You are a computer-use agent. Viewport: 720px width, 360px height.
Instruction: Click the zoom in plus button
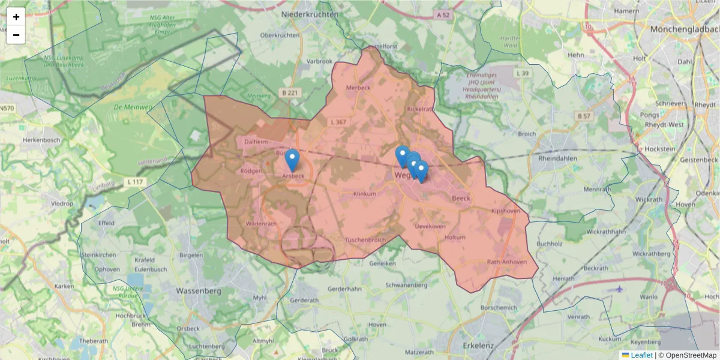pos(16,17)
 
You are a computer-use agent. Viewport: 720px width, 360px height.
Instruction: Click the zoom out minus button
pos(16,35)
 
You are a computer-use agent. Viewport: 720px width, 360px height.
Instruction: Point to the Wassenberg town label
pos(199,291)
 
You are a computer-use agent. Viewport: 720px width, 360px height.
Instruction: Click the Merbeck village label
pos(359,88)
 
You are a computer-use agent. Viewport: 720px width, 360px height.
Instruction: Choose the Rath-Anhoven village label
pos(507,262)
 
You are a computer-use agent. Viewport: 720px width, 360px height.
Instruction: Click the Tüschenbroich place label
pos(365,240)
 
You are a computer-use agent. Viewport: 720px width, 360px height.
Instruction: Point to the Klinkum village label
pos(365,194)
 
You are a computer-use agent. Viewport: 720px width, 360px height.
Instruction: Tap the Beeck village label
pos(461,198)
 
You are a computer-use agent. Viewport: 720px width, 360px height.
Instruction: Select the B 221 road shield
pos(289,92)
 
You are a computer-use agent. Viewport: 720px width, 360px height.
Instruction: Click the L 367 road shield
pos(338,122)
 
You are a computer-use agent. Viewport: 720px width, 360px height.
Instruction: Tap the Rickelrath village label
pos(420,109)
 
